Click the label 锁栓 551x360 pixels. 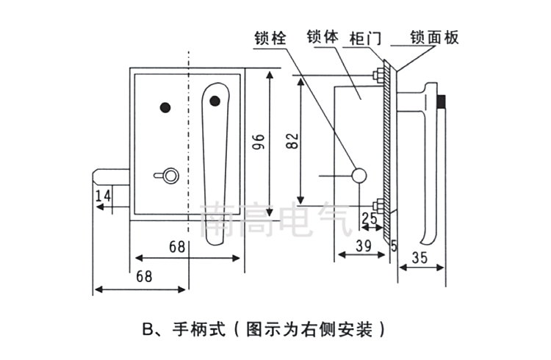pyautogui.click(x=270, y=37)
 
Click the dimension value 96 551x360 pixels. pyautogui.click(x=258, y=141)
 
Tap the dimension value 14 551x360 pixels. pyautogui.click(x=103, y=195)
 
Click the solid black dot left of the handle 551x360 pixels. pyautogui.click(x=165, y=107)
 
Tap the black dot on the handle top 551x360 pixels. pyautogui.click(x=215, y=101)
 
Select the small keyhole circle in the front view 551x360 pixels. pyautogui.click(x=170, y=175)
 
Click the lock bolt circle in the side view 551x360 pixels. pyautogui.click(x=360, y=175)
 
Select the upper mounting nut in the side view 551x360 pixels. pyautogui.click(x=377, y=75)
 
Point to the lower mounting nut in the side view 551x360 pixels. pyautogui.click(x=377, y=204)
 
